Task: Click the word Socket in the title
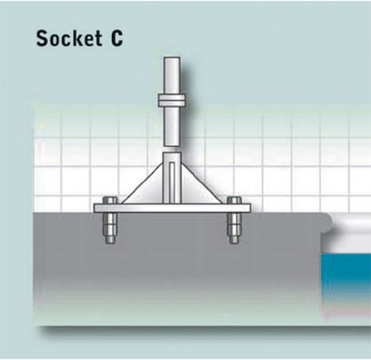point(69,39)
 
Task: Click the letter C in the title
point(116,39)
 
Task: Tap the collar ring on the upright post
point(172,100)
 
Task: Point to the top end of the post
point(171,58)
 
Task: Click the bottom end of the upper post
point(171,145)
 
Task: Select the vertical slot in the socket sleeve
point(172,182)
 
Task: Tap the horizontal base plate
point(172,208)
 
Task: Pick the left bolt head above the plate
point(110,200)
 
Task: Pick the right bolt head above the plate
point(234,200)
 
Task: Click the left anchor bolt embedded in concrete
point(110,228)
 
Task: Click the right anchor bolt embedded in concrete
point(234,228)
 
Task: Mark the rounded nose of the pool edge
point(328,223)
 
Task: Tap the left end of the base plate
point(94,208)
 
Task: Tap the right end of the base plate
point(250,208)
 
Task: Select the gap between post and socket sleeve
point(171,149)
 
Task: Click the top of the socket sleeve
point(172,153)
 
